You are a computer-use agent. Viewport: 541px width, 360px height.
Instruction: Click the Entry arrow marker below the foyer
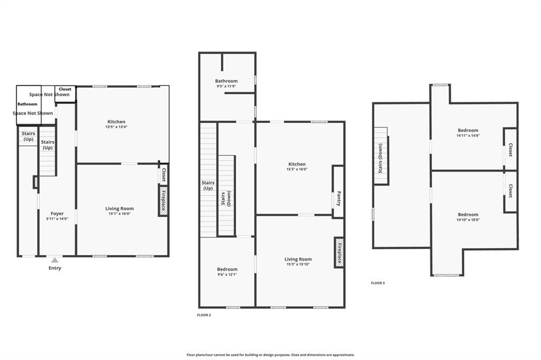[54, 260]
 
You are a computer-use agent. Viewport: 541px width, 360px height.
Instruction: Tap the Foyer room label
[57, 213]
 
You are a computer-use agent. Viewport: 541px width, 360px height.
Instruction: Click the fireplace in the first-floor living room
[163, 201]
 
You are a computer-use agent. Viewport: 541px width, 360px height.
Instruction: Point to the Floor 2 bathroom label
[226, 81]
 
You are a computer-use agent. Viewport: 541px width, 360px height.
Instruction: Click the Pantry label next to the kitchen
[339, 198]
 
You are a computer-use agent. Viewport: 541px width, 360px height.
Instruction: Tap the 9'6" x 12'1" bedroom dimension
[227, 275]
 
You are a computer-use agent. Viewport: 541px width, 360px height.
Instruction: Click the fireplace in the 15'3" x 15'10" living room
[339, 252]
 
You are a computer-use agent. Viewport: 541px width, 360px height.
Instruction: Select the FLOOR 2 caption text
[203, 315]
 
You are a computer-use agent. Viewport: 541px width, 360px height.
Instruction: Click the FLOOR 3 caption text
[378, 283]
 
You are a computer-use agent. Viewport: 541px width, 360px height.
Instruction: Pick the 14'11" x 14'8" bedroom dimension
[468, 136]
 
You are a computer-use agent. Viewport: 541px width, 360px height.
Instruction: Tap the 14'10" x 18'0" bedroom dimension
[468, 220]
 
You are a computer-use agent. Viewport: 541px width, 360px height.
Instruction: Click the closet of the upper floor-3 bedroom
[510, 149]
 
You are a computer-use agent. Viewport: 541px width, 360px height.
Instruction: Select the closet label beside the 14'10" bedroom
[510, 191]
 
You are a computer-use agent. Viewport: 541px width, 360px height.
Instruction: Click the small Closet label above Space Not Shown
[65, 89]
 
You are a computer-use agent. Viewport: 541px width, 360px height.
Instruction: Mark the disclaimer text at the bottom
[270, 355]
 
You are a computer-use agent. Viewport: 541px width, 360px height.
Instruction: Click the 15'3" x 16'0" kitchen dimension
[296, 169]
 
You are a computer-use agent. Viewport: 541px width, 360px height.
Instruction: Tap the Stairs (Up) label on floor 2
[208, 185]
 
